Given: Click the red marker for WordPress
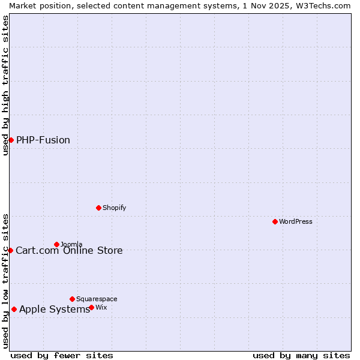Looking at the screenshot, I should tap(275, 221).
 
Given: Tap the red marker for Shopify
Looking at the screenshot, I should tap(98, 208).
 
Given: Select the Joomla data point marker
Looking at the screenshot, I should tap(56, 244).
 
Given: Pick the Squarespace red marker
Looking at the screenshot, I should tap(72, 299).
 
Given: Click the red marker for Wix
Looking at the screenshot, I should tap(91, 307).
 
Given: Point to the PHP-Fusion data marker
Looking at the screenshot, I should tap(11, 140).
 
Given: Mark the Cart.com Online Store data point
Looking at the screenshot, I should tap(10, 250).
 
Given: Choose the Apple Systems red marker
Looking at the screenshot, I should tap(14, 310).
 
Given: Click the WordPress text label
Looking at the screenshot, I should tap(296, 221).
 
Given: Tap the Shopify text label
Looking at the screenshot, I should tap(114, 208).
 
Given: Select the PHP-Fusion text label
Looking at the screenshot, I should tap(43, 140).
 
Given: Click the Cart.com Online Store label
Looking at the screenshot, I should tap(69, 250).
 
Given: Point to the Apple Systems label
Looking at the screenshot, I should tap(54, 310).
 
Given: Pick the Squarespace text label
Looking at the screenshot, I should tap(97, 299).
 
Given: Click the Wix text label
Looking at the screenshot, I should tap(101, 307).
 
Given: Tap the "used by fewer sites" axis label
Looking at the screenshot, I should tap(62, 355).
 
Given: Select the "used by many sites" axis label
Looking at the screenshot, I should tap(301, 355).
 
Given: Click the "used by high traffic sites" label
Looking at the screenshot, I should tap(5, 85).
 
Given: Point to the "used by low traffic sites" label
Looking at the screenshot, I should tap(5, 280).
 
